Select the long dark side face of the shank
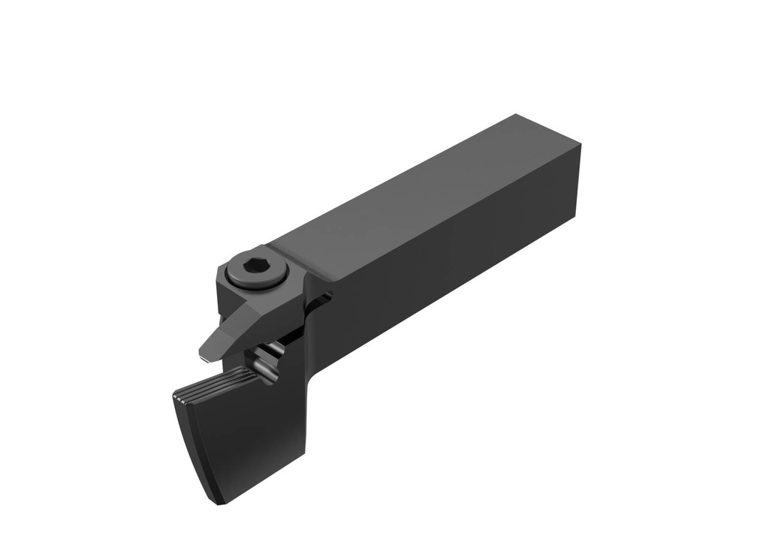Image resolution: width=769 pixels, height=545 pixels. click(451, 255)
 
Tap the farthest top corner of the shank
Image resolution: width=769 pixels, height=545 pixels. click(517, 115)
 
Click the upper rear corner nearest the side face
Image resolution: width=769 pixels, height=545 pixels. click(580, 147)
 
